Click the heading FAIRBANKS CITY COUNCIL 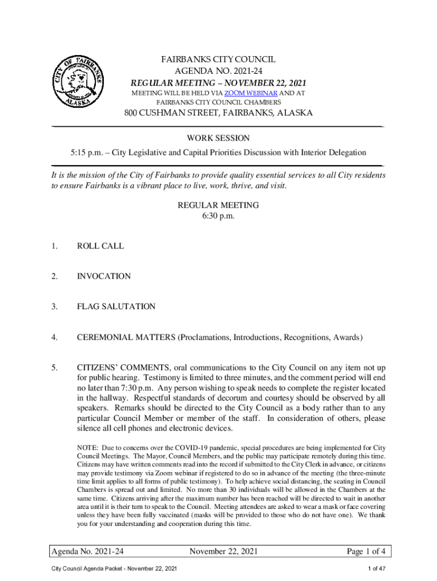[218, 60]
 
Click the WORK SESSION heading [218, 138]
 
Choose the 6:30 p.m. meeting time [218, 216]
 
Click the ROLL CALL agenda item [100, 246]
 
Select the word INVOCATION [104, 276]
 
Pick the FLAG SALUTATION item [116, 306]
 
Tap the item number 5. [54, 368]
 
